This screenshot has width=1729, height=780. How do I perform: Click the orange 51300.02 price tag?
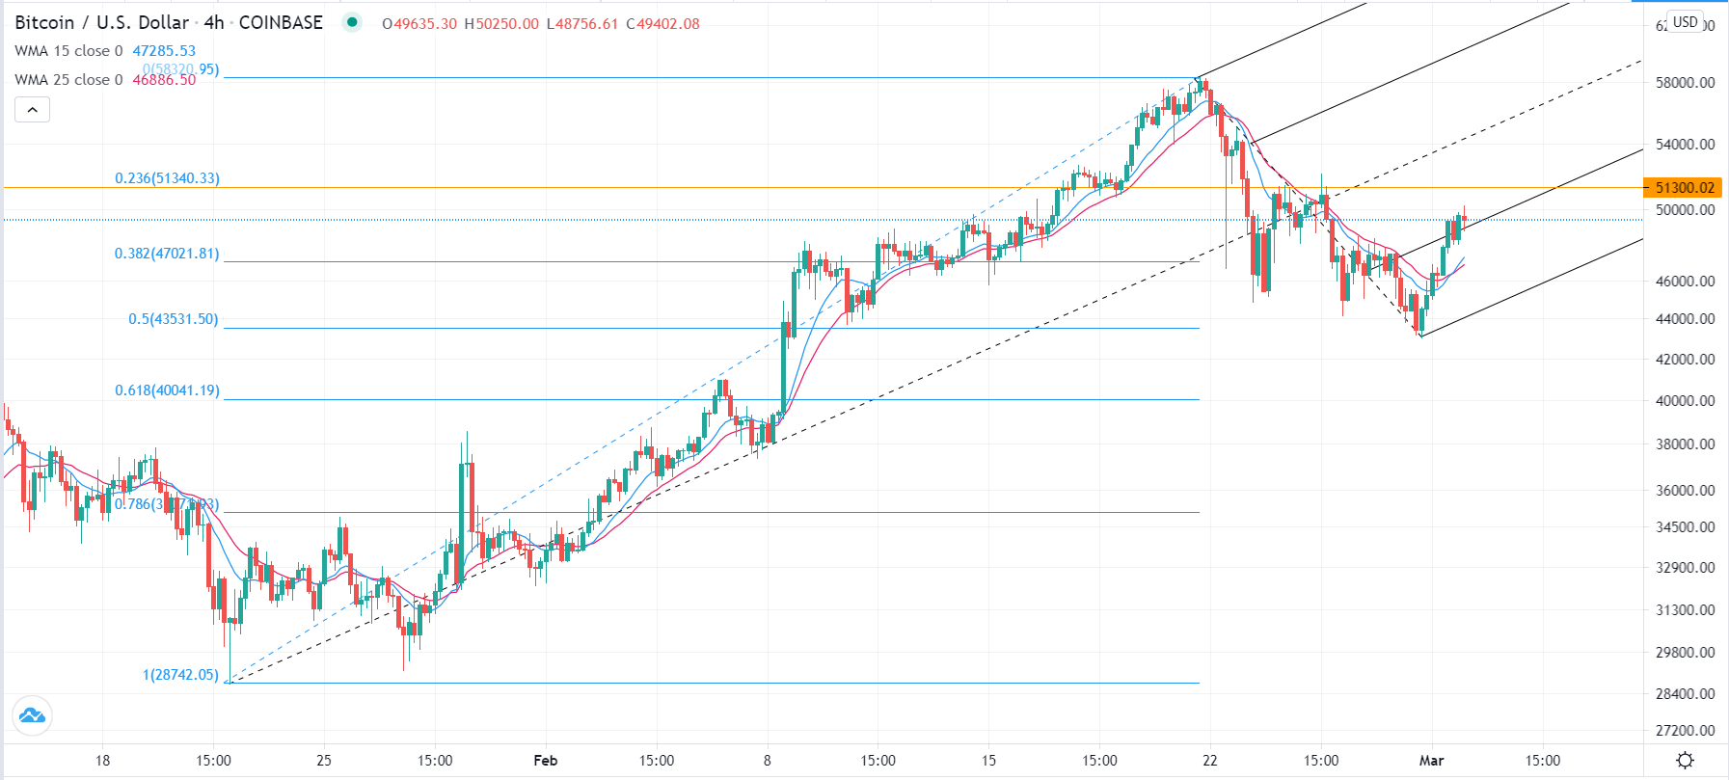[x=1684, y=188]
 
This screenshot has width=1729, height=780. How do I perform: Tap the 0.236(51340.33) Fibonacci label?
[x=167, y=178]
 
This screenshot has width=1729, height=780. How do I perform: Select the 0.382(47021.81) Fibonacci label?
[x=167, y=254]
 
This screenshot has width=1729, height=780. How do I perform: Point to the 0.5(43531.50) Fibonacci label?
[x=174, y=319]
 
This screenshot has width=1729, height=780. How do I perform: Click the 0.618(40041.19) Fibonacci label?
[x=167, y=390]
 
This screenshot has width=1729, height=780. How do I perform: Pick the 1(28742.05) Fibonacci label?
[x=180, y=675]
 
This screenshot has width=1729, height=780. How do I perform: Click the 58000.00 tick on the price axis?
[x=1685, y=83]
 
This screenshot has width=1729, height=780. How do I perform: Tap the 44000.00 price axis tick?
[x=1685, y=319]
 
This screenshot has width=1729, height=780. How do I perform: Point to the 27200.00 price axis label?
[x=1685, y=731]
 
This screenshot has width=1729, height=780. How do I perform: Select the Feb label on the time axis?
[x=546, y=761]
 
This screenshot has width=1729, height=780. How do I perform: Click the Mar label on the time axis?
[x=1432, y=761]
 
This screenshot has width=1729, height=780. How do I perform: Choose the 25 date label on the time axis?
[x=324, y=761]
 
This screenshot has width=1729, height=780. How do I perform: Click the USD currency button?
[x=1686, y=22]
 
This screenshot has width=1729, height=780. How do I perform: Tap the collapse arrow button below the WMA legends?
[x=32, y=110]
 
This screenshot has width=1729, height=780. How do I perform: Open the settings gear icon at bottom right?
[x=1685, y=761]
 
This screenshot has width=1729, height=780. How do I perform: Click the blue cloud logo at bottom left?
[x=32, y=715]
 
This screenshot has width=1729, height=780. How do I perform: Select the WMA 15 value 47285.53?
[x=164, y=51]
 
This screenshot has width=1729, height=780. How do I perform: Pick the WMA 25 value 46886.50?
[x=164, y=80]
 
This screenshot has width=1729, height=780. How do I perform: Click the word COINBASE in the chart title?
[x=281, y=23]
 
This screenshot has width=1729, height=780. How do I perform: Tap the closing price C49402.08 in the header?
[x=663, y=24]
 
